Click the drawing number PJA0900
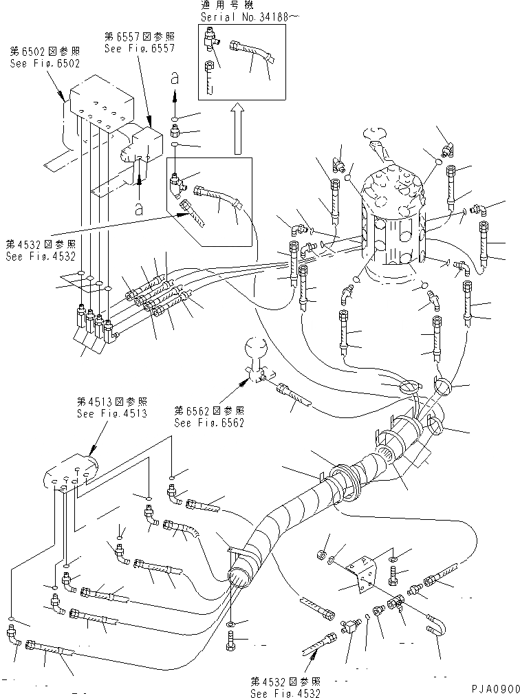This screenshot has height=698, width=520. pos(492,688)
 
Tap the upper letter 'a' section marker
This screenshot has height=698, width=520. pos(174,80)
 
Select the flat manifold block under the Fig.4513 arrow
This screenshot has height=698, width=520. pos(69,478)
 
